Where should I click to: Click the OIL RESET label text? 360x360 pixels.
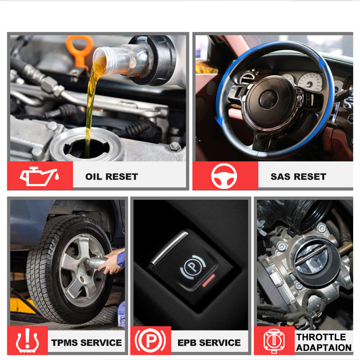pyautogui.click(x=112, y=176)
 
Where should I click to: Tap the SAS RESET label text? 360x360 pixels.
pyautogui.click(x=298, y=176)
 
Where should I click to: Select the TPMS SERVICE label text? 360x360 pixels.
pyautogui.click(x=86, y=343)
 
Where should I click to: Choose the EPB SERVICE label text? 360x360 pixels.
pyautogui.click(x=209, y=343)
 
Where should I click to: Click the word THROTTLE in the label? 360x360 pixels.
pyautogui.click(x=321, y=337)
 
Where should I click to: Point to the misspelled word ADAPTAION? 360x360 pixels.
pyautogui.click(x=324, y=348)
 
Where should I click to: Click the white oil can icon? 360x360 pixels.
pyautogui.click(x=39, y=176)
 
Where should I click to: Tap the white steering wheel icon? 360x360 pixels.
pyautogui.click(x=224, y=176)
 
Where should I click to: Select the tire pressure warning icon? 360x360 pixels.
pyautogui.click(x=27, y=341)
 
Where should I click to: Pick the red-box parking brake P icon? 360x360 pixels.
pyautogui.click(x=150, y=341)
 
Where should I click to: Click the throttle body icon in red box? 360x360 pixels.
pyautogui.click(x=274, y=341)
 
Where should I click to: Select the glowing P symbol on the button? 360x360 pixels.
pyautogui.click(x=192, y=266)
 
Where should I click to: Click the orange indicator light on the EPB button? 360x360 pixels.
pyautogui.click(x=208, y=280)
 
